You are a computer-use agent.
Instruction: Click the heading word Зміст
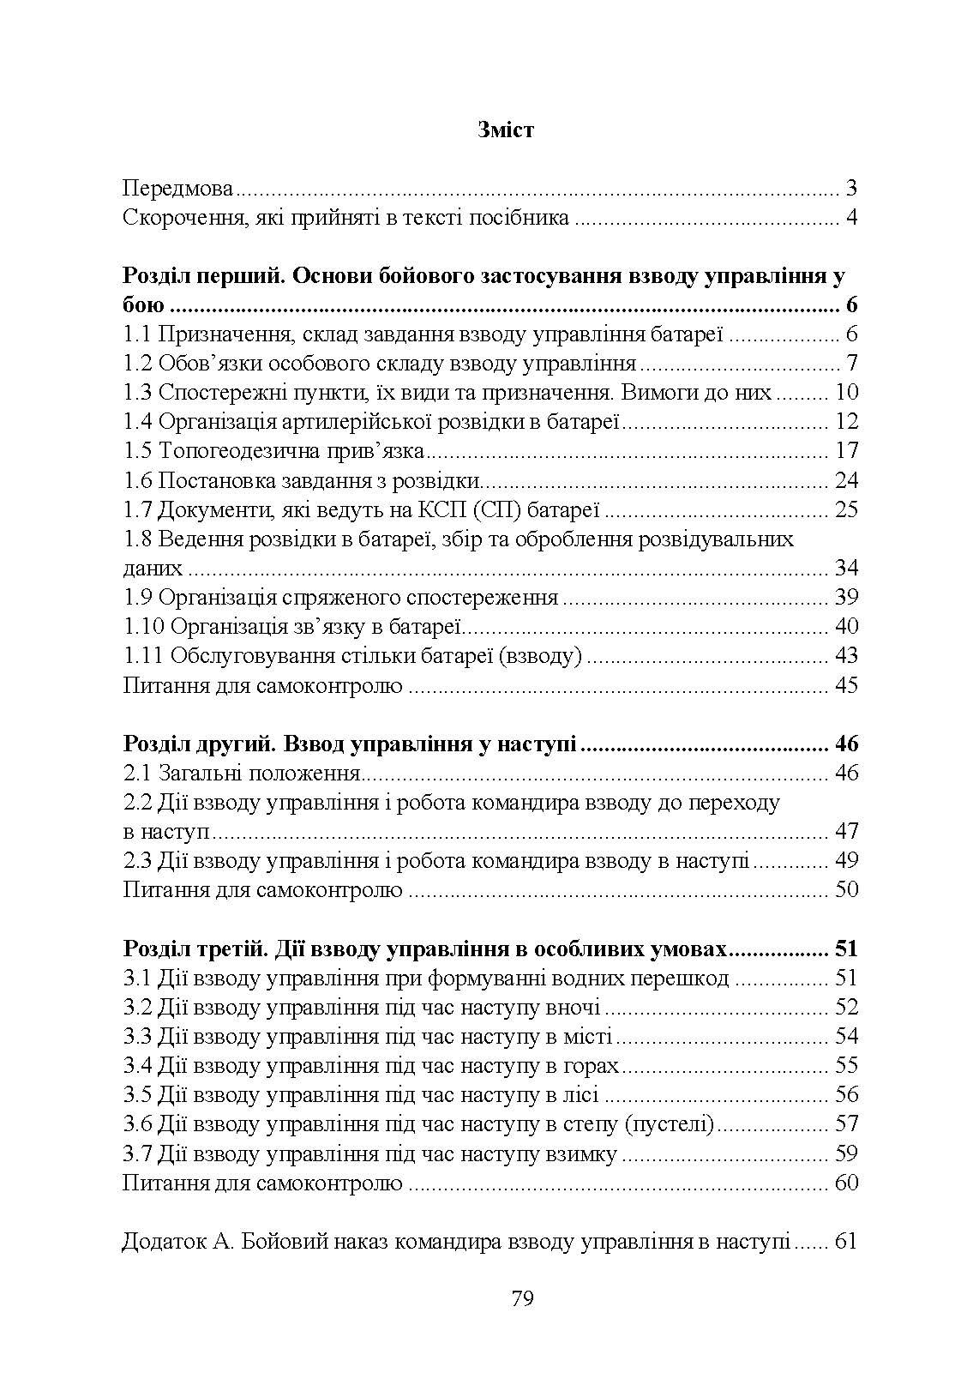(x=504, y=130)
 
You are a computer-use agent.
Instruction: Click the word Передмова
(x=178, y=189)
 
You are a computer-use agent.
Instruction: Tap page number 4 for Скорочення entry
(x=851, y=218)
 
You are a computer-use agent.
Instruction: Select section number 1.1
(x=137, y=334)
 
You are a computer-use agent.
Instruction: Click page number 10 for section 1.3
(x=845, y=393)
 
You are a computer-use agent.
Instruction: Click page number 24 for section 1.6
(x=845, y=480)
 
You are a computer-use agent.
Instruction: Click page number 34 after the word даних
(x=845, y=568)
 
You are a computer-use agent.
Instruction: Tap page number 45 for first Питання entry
(x=845, y=685)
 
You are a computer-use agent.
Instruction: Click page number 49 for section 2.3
(x=845, y=860)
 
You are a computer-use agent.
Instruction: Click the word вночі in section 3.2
(x=573, y=1007)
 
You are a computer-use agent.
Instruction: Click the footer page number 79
(x=522, y=1298)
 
